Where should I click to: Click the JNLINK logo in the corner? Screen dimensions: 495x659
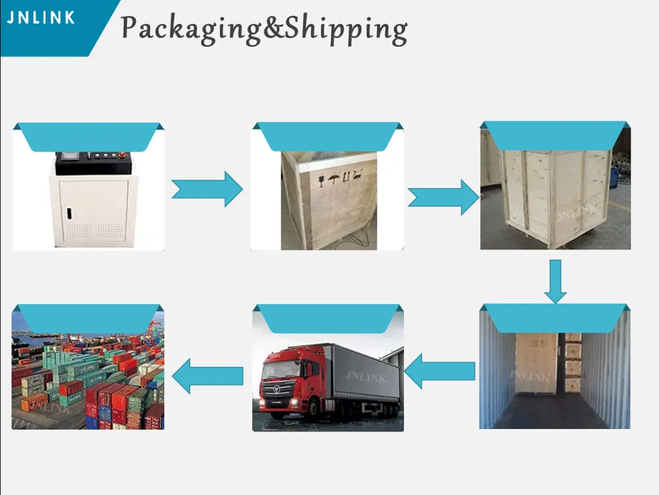[x=41, y=18]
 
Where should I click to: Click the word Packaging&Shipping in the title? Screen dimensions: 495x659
[x=264, y=29]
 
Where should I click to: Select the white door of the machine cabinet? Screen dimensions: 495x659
[x=94, y=210]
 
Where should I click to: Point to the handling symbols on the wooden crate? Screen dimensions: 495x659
[x=342, y=176]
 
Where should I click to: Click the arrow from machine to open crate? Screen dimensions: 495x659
[x=207, y=189]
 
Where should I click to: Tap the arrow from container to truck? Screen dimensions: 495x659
[x=440, y=371]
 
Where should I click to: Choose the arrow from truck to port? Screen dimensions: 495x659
[x=207, y=376]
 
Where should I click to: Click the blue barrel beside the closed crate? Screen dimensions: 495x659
[x=615, y=177]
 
